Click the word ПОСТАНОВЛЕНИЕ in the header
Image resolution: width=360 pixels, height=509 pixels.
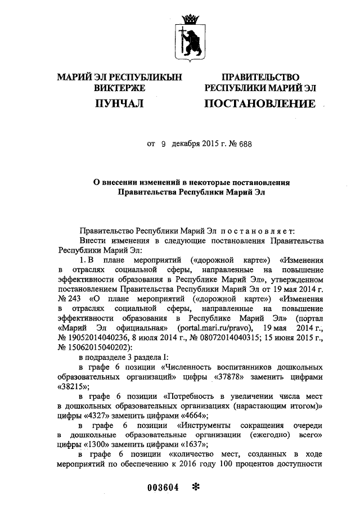259,103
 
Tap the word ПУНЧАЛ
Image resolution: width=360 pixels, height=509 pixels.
119,103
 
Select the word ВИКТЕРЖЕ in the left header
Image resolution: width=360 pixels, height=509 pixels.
119,88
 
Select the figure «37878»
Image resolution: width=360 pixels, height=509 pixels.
229,376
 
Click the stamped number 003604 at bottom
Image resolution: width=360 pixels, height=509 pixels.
163,488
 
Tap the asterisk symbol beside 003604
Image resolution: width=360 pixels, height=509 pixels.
196,487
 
